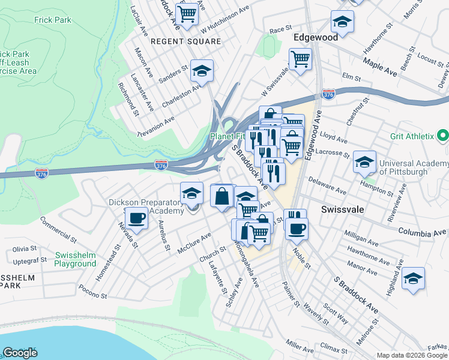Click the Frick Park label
[x=53, y=20]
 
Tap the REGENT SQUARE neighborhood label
[x=185, y=41]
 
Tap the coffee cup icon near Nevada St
[x=136, y=218]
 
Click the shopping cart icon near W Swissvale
[x=300, y=59]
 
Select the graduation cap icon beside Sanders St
[x=202, y=71]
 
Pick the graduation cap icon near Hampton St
[x=364, y=161]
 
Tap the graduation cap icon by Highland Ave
[x=413, y=278]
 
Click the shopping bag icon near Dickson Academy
[x=222, y=196]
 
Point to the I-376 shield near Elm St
[x=328, y=95]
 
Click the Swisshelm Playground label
[x=75, y=259]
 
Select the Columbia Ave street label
[x=415, y=232]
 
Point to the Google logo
[x=20, y=352]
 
